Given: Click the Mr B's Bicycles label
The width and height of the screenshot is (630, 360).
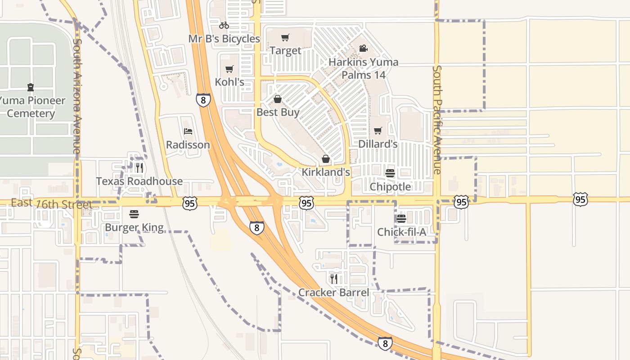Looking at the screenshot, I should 224,39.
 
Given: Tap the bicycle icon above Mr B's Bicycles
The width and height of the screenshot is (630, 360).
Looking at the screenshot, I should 224,25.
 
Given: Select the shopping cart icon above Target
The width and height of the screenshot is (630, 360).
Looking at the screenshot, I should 285,37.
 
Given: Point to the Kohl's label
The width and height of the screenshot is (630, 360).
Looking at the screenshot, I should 229,82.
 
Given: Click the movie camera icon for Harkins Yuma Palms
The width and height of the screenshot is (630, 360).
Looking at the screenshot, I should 363,48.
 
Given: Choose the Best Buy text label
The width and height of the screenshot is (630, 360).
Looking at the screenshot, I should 278,112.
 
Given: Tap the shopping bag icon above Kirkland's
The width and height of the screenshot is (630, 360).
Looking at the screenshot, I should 325,159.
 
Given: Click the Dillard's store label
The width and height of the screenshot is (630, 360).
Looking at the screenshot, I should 378,144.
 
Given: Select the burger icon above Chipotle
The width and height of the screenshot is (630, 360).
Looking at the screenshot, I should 390,173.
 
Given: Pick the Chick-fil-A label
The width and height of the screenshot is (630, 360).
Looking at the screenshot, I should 401,232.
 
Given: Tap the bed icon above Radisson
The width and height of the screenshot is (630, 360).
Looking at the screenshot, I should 188,131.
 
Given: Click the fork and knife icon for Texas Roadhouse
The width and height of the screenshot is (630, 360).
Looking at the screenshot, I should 139,168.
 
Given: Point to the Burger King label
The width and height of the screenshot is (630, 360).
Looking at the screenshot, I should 134,227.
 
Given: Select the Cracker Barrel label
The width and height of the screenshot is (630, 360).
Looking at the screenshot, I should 333,292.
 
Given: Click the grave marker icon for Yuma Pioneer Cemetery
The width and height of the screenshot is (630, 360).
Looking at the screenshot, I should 30,87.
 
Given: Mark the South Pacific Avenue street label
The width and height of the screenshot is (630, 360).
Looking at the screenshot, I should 437,120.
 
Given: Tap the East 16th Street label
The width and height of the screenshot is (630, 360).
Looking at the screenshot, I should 51,204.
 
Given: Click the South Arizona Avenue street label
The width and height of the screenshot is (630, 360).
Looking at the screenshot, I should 77,96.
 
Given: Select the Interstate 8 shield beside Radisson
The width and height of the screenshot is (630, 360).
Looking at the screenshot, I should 203,99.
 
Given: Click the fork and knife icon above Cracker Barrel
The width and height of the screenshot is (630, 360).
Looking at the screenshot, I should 333,279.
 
